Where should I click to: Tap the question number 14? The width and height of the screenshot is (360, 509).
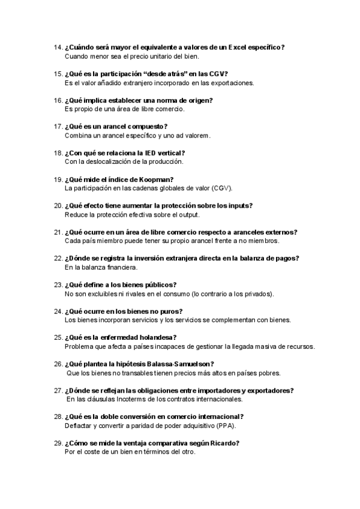[58, 47]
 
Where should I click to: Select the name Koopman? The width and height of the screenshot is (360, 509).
[155, 179]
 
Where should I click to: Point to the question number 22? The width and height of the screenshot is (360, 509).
[58, 258]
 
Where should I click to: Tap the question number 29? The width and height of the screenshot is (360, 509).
[58, 443]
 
